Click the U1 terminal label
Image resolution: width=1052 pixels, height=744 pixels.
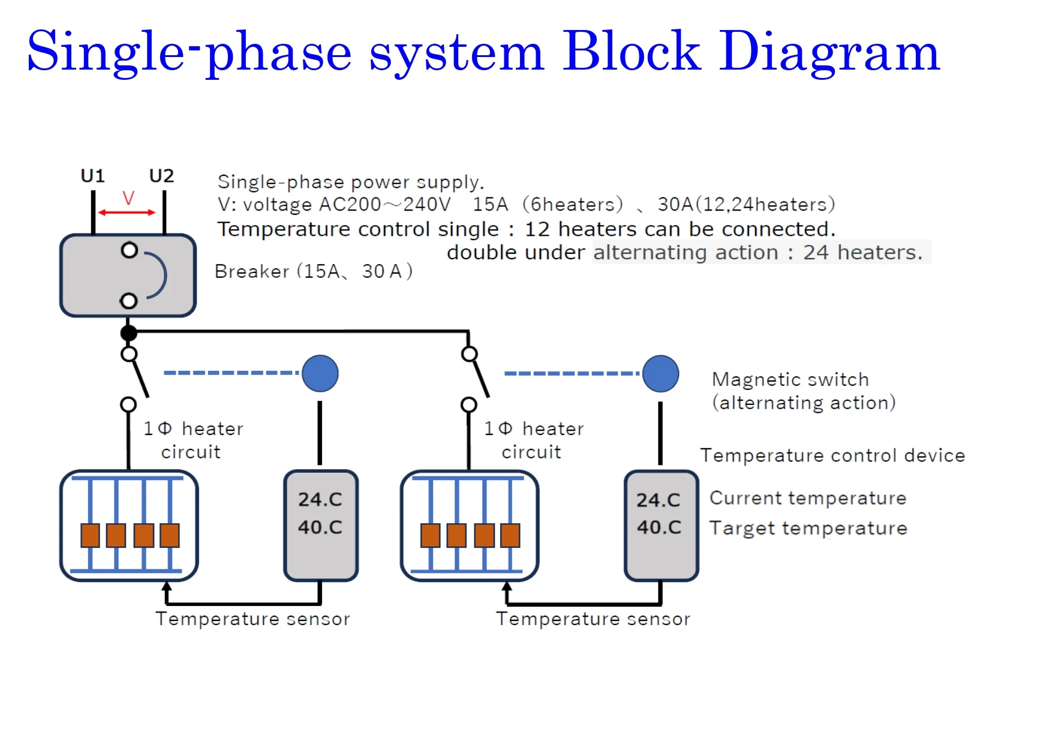(93, 176)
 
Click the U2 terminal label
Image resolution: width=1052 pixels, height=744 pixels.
(161, 176)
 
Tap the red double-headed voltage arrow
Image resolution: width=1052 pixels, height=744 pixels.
(127, 212)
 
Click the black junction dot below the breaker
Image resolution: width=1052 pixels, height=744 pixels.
(128, 332)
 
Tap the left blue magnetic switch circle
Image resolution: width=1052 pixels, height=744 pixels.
(320, 373)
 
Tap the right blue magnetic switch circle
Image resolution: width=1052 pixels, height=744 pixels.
(660, 373)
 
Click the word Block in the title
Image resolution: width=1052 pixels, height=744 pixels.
(631, 52)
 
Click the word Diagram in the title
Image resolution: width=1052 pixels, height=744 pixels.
(829, 52)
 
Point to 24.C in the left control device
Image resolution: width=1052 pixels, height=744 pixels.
(320, 499)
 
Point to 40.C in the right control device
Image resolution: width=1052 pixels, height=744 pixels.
(659, 527)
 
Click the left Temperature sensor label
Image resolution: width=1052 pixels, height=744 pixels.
(253, 619)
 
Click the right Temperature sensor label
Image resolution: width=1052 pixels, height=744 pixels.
(593, 619)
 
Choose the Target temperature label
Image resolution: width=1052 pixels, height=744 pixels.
(808, 528)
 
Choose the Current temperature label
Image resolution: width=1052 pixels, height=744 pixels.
(807, 498)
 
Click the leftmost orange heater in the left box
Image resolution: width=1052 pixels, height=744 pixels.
(91, 535)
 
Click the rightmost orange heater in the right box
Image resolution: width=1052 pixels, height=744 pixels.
(510, 535)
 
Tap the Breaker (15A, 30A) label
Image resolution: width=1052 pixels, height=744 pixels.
(313, 271)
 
